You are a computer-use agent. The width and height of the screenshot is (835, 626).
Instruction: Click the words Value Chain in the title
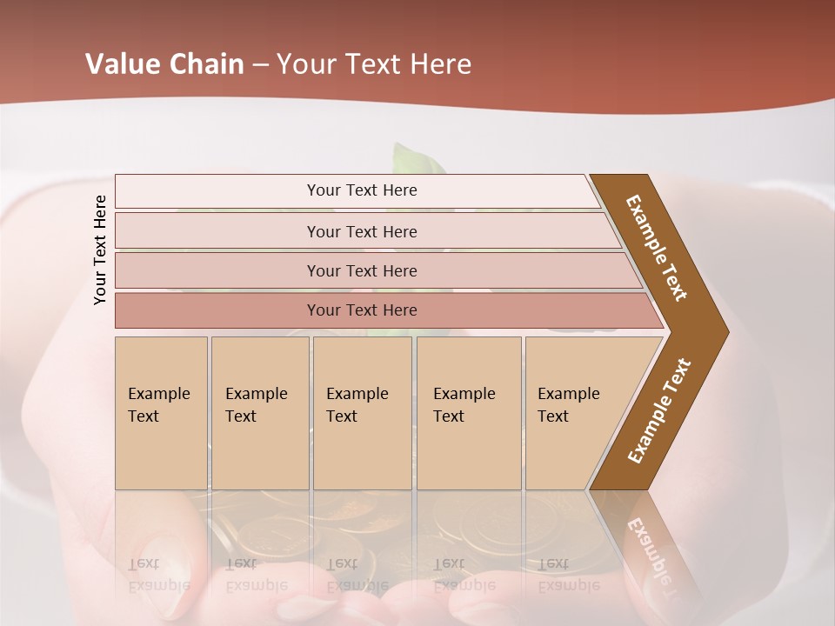pyautogui.click(x=164, y=64)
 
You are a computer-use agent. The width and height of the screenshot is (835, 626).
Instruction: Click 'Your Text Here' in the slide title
pyautogui.click(x=374, y=64)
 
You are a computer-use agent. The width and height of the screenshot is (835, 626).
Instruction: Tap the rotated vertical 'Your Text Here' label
pyautogui.click(x=100, y=250)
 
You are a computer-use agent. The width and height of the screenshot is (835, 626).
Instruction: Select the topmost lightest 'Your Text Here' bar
pyautogui.click(x=361, y=190)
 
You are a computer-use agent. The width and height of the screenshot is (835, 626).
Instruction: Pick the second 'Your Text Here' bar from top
pyautogui.click(x=361, y=231)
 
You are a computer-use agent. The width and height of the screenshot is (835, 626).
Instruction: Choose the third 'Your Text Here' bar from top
pyautogui.click(x=361, y=270)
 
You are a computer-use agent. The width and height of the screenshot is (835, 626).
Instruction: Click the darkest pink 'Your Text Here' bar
pyautogui.click(x=361, y=310)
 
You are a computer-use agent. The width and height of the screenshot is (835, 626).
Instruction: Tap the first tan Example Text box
pyautogui.click(x=161, y=413)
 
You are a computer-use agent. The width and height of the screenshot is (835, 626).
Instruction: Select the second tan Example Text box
pyautogui.click(x=259, y=413)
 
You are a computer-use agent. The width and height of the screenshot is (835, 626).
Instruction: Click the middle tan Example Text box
pyautogui.click(x=362, y=413)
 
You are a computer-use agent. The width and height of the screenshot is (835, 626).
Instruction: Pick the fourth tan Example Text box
pyautogui.click(x=468, y=413)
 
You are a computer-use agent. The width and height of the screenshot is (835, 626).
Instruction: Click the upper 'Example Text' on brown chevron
pyautogui.click(x=658, y=248)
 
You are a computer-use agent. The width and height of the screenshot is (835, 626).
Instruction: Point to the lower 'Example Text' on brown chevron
pyautogui.click(x=659, y=410)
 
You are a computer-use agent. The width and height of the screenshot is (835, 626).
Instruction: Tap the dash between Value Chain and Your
pyautogui.click(x=260, y=65)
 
